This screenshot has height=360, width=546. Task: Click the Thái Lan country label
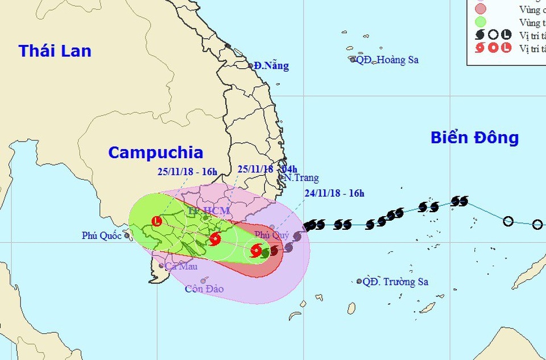tap(55, 51)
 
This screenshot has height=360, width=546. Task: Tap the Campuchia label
tap(155, 152)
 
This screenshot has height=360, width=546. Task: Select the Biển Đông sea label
tap(474, 138)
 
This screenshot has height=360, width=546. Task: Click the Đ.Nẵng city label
tap(272, 66)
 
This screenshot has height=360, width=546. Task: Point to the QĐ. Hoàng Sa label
tap(387, 60)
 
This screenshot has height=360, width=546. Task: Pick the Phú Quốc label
tap(102, 235)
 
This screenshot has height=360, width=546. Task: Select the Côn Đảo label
tap(204, 289)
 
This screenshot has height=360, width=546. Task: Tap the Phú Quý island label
tap(272, 235)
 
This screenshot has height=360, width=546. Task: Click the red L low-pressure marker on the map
tap(157, 221)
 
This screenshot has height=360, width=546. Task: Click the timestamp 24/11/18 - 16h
tap(334, 193)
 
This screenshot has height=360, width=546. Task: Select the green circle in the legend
tap(480, 22)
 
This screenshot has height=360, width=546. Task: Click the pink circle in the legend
tap(480, 9)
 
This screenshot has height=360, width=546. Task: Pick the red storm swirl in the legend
tap(480, 48)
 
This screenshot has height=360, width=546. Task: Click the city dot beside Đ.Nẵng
tap(251, 65)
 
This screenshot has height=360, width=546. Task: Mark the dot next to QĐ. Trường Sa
tap(359, 281)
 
